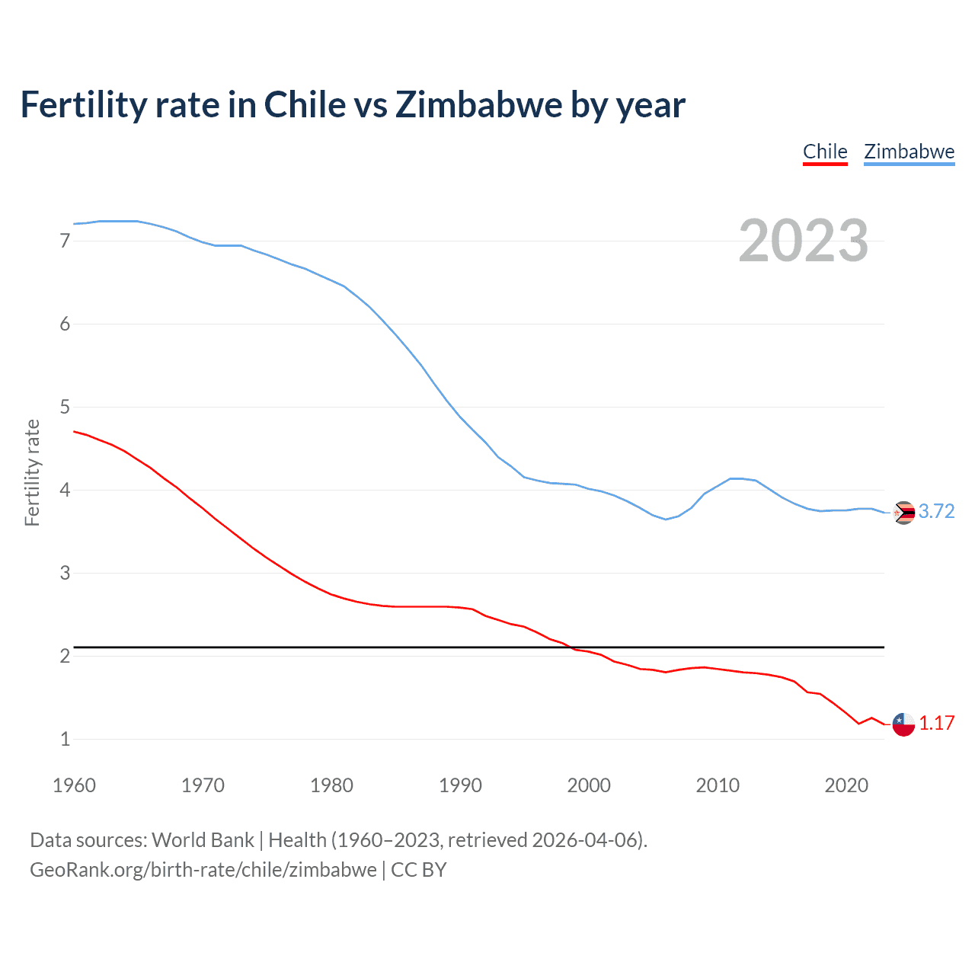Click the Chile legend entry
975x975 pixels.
point(825,152)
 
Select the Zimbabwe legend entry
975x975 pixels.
point(909,152)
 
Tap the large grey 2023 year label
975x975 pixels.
point(804,241)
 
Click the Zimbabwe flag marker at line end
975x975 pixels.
point(903,513)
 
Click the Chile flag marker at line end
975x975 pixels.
point(903,724)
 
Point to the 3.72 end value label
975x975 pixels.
point(936,511)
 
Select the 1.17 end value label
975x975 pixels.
point(936,723)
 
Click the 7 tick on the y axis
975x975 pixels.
point(65,241)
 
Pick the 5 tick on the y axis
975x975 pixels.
point(65,407)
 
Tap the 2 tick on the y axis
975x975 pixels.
point(65,656)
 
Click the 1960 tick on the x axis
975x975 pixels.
point(74,785)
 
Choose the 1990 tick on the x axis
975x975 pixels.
point(460,785)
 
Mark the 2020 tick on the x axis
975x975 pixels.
point(846,785)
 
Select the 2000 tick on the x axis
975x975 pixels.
point(589,785)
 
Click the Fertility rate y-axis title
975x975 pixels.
point(32,472)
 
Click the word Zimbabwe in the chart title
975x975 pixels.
point(478,105)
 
